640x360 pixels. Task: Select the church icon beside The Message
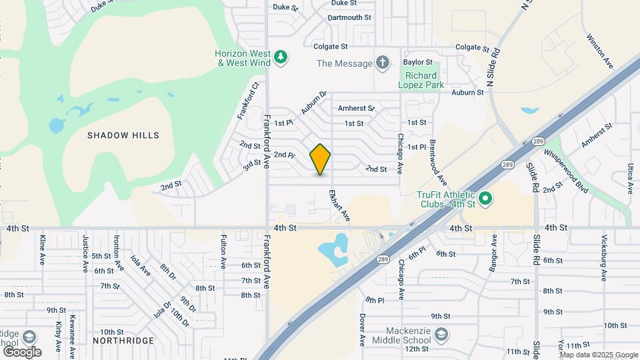[383, 63]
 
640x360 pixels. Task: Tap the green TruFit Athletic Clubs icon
[485, 198]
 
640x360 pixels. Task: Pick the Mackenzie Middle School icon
[440, 333]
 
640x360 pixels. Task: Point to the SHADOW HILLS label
[123, 135]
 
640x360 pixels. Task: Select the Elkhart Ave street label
[339, 205]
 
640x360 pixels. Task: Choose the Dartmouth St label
[349, 17]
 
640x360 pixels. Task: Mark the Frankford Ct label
[247, 101]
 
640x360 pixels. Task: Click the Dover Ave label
[362, 330]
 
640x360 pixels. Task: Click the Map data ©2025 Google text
[598, 355]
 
